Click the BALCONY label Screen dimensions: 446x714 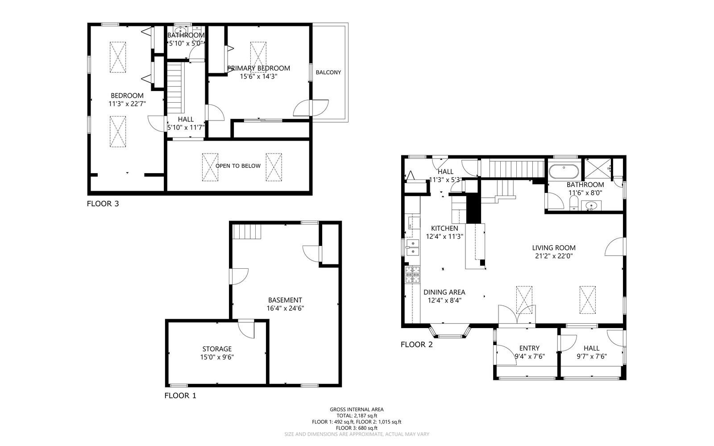[x=328, y=72]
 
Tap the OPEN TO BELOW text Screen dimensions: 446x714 [x=238, y=166]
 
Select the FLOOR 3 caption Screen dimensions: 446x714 [x=103, y=204]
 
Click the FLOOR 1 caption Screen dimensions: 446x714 [x=180, y=396]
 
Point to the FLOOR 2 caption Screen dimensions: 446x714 [x=416, y=345]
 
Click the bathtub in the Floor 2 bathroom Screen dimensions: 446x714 [x=563, y=171]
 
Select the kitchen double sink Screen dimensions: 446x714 [x=413, y=247]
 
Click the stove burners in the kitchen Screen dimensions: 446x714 [x=413, y=275]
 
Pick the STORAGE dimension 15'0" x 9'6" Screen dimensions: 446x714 [x=217, y=357]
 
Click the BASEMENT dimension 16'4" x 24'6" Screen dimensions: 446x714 [x=285, y=308]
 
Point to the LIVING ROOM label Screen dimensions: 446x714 [x=553, y=248]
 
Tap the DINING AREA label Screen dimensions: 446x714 [x=444, y=292]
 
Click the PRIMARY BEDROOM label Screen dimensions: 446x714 [x=258, y=68]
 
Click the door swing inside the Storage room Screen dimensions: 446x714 [x=246, y=329]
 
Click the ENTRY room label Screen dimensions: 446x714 [x=529, y=348]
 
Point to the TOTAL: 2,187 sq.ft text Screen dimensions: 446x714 [x=356, y=416]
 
